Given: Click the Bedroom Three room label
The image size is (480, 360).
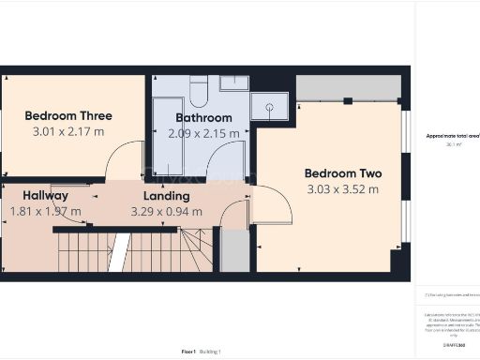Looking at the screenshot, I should pyautogui.click(x=68, y=116).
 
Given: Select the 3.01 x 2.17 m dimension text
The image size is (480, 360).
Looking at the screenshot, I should pyautogui.click(x=68, y=132).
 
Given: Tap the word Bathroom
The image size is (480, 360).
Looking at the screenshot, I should pyautogui.click(x=203, y=118).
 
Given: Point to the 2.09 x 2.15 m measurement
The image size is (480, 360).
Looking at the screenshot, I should pyautogui.click(x=203, y=134).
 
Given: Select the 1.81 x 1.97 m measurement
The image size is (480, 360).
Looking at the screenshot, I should pyautogui.click(x=44, y=212).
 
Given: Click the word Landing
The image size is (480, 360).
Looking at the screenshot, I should pyautogui.click(x=166, y=196).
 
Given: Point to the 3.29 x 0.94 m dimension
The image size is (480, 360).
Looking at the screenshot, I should pyautogui.click(x=166, y=212).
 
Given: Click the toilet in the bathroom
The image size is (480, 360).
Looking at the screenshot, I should pyautogui.click(x=199, y=92).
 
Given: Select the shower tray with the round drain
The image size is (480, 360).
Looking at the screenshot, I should pyautogui.click(x=270, y=109).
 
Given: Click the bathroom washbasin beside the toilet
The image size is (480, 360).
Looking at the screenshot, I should pyautogui.click(x=234, y=83).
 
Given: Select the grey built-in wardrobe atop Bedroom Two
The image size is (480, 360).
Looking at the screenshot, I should pyautogui.click(x=349, y=88).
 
